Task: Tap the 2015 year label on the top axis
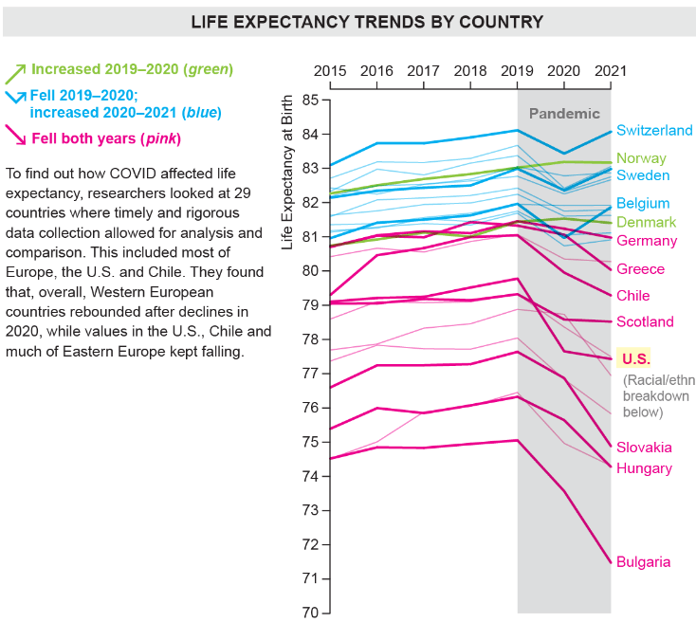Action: click(329, 70)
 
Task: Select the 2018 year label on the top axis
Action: click(469, 70)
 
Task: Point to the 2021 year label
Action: click(610, 70)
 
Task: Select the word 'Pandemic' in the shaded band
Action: click(564, 114)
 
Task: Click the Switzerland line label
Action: click(654, 131)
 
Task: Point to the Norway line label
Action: click(641, 158)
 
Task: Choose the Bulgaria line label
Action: click(643, 561)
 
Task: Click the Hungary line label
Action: click(644, 468)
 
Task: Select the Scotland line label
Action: click(645, 322)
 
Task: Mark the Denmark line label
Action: click(646, 222)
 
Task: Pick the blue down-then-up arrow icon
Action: click(16, 98)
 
